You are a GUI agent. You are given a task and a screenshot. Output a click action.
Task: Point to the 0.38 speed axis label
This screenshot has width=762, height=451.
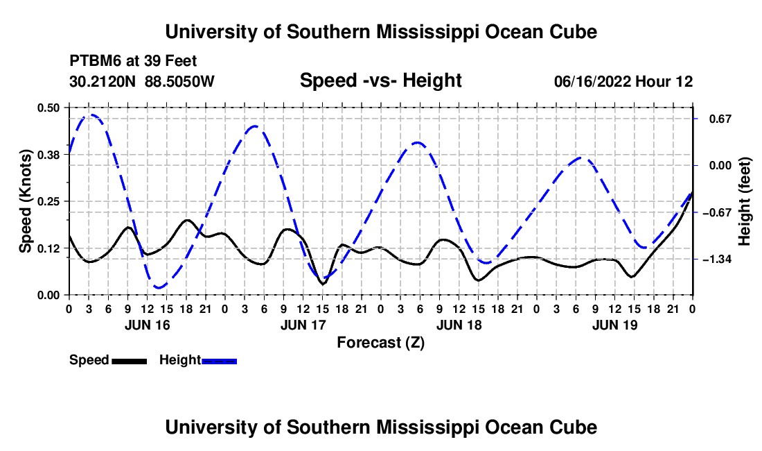(x=48, y=155)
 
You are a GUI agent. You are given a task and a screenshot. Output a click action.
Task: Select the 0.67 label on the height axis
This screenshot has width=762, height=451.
(x=720, y=119)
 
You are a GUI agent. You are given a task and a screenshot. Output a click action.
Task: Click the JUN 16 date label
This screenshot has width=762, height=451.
(x=148, y=325)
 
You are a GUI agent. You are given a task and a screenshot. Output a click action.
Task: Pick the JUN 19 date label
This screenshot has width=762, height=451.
(x=614, y=325)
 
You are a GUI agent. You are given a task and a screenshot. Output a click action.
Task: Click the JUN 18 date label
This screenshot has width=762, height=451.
(x=459, y=325)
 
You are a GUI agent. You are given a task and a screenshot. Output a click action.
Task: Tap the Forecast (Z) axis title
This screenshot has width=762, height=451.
(x=380, y=343)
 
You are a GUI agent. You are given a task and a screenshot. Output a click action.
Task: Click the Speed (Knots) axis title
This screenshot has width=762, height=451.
(x=25, y=201)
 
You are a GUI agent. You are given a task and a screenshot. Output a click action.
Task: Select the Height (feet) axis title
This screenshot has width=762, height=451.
(x=744, y=201)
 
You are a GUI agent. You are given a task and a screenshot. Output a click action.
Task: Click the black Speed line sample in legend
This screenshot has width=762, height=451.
(x=130, y=361)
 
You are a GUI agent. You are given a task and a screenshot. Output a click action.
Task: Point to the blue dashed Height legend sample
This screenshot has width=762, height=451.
(x=219, y=361)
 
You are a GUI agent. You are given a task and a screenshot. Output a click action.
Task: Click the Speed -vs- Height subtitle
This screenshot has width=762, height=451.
(x=380, y=80)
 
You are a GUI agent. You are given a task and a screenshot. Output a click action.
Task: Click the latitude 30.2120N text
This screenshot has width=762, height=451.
(x=103, y=81)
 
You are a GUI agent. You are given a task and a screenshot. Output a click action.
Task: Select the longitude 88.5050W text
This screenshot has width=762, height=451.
(x=179, y=81)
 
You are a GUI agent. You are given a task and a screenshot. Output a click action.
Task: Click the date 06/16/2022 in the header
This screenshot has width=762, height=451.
(x=592, y=81)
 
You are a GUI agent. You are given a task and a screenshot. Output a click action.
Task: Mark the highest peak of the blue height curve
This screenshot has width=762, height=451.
(x=91, y=114)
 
